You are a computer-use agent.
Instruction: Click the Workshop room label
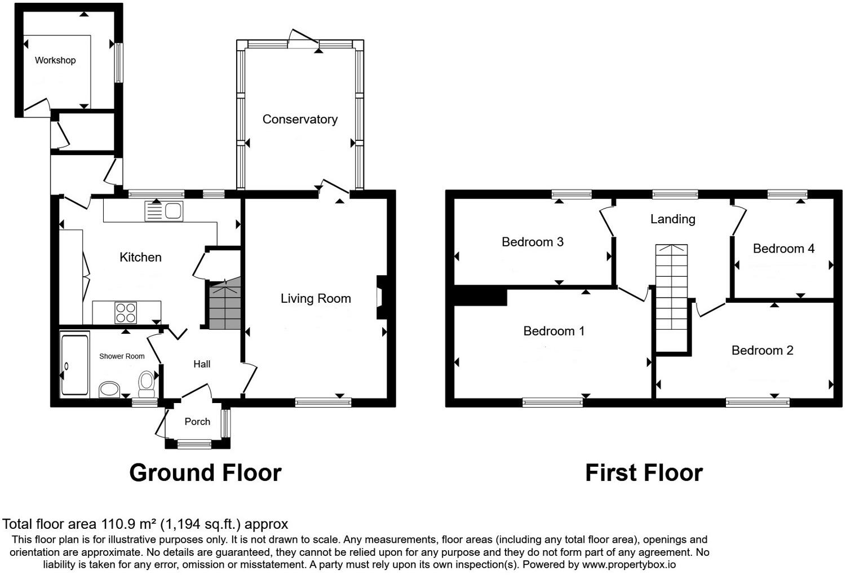coord(55,60)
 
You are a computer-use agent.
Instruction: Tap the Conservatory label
coord(300,120)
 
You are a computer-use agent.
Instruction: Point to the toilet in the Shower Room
coord(147,383)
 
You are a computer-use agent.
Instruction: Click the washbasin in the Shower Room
coord(109,390)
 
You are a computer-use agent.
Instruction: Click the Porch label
coord(197,422)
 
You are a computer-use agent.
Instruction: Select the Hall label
coord(202,364)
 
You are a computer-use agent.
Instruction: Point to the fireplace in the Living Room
coord(382,298)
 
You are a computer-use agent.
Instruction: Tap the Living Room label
coord(316,299)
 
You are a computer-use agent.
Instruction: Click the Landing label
coord(672,219)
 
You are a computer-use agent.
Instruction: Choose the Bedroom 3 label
coord(533,242)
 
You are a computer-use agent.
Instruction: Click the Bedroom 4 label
coord(783,249)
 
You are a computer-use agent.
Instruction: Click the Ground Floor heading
coord(206,472)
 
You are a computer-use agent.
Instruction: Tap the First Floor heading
coord(644,472)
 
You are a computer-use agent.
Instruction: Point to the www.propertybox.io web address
coord(629,565)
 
